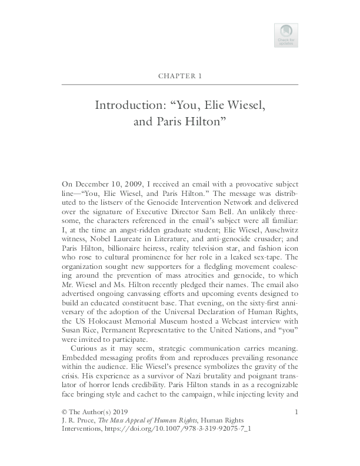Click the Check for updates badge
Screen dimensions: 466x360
pyautogui.click(x=286, y=35)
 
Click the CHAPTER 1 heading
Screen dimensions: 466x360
pyautogui.click(x=180, y=76)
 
